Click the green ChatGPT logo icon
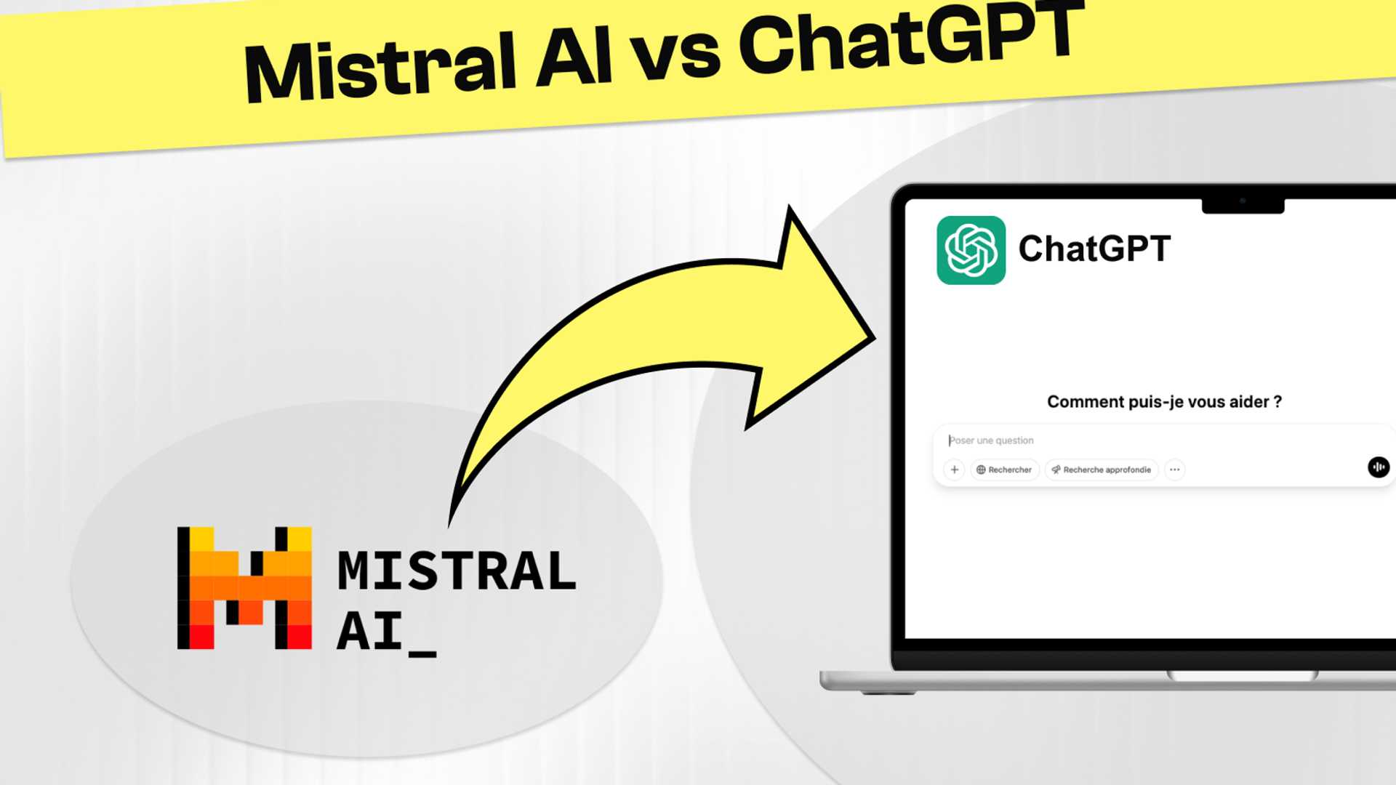pos(971,250)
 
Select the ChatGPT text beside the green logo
pos(1094,249)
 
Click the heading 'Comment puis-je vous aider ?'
pos(1164,402)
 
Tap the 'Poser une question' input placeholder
pos(992,440)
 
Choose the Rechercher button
pos(1004,470)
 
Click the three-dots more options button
pos(1174,470)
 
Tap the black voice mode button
pos(1378,467)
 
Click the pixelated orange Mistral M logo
pos(244,587)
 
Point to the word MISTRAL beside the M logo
pos(457,571)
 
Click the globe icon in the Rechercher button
pos(981,470)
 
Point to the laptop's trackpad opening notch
pos(1242,676)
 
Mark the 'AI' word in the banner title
pos(574,58)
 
